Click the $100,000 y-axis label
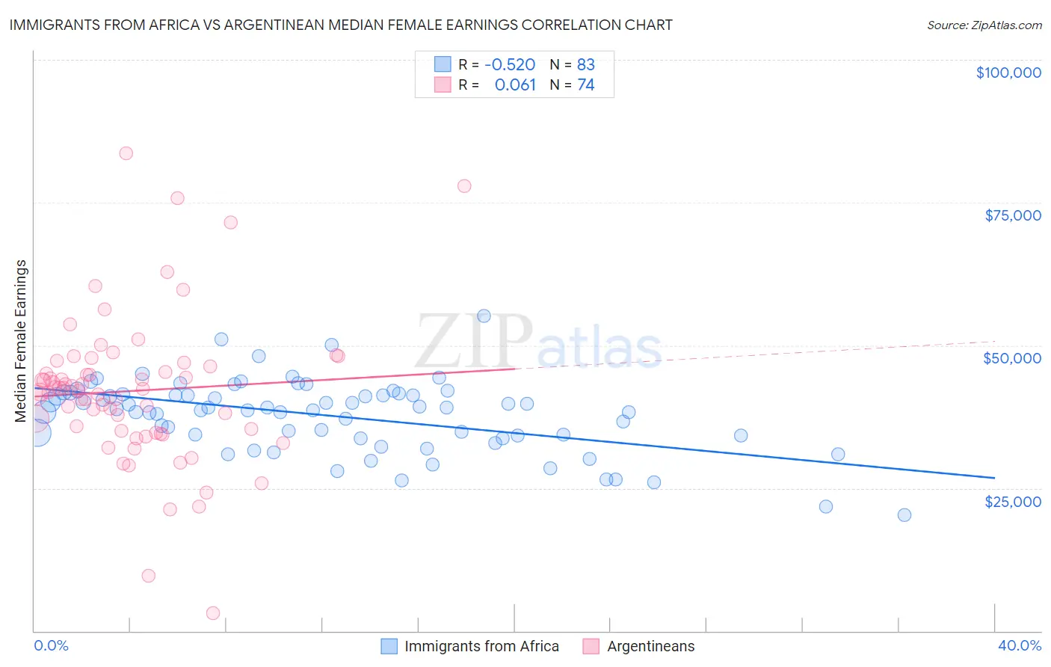[1008, 73]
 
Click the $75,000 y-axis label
[1012, 215]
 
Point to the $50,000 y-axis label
[1011, 358]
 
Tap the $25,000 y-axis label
[1012, 501]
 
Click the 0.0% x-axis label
[51, 646]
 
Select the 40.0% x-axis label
[1020, 646]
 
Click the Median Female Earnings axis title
[21, 341]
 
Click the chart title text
[341, 25]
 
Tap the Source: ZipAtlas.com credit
[984, 25]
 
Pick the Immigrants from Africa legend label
[481, 646]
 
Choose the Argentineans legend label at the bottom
[650, 646]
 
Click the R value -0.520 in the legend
[510, 65]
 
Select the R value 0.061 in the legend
[515, 84]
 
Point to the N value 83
[585, 65]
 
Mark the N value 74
[585, 84]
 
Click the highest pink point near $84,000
[126, 153]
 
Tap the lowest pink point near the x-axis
[212, 613]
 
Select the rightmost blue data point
[904, 514]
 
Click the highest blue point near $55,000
[484, 316]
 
